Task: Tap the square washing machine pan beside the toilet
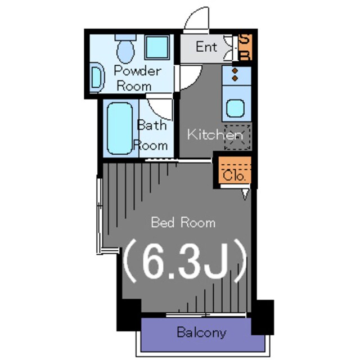(157, 47)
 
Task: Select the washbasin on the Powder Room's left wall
(96, 78)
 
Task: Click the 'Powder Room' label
(137, 78)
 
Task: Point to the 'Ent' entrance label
(206, 47)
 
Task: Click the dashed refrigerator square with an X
(237, 137)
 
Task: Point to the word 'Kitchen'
(215, 135)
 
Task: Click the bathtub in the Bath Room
(120, 128)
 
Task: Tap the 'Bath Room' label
(152, 135)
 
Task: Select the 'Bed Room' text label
(183, 223)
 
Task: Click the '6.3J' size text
(186, 261)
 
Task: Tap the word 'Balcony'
(201, 332)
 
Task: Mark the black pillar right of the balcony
(262, 316)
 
